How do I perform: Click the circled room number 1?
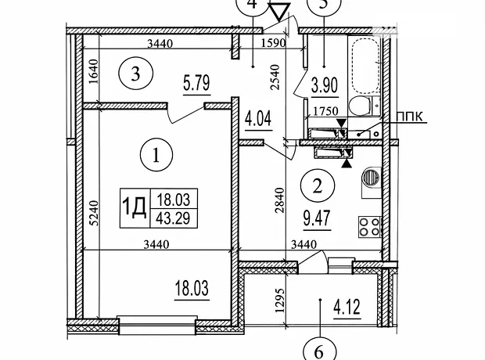coord(156,155)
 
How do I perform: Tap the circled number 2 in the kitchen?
coord(318,185)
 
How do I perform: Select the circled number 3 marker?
coord(136,74)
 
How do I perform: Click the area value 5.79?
coord(196,84)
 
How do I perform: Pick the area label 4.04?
coord(258,119)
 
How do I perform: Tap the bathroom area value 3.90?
coord(325,85)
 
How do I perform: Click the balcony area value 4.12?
coord(347,307)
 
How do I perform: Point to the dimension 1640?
coord(94,71)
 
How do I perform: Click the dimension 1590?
coord(274,43)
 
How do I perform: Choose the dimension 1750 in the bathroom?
coord(325,110)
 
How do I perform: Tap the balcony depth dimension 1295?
coord(280,301)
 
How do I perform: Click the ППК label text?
coord(410,117)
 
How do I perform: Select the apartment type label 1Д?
coord(135,208)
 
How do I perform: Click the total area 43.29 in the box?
coord(173,218)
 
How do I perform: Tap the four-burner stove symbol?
coord(370,227)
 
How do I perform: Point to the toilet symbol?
coord(364,106)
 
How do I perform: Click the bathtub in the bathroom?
coord(365,66)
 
